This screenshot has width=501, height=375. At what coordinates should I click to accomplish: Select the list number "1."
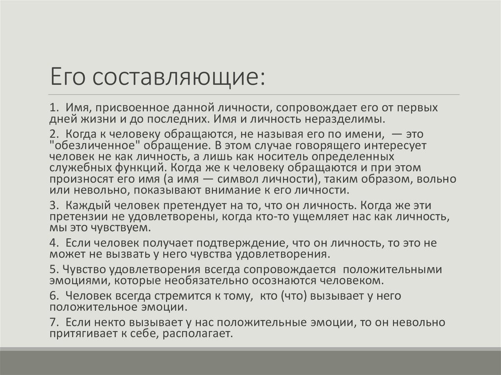pos(54,107)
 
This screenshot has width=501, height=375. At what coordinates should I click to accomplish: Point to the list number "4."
pos(54,243)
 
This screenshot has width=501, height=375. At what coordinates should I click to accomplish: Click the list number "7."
pos(54,322)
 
